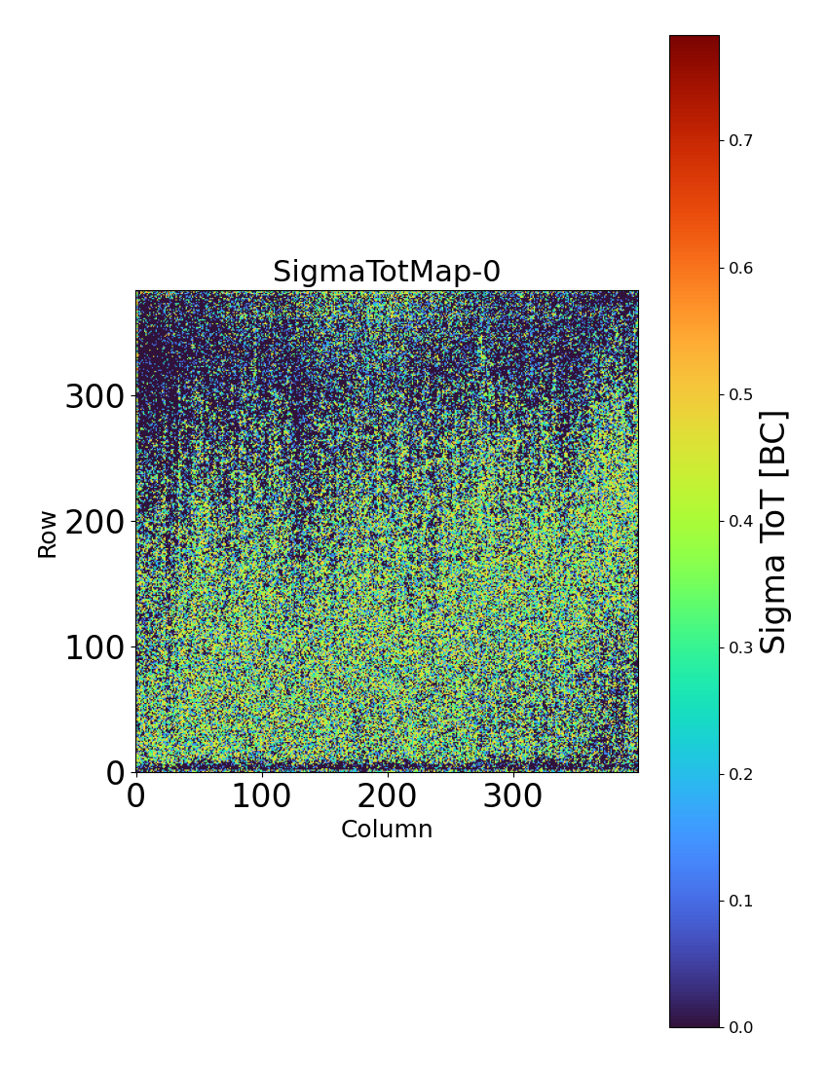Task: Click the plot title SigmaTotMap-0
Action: tap(387, 272)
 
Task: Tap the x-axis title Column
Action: tap(387, 830)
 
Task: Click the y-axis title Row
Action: tap(48, 534)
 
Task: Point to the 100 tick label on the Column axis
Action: tap(262, 796)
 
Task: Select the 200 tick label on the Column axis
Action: tap(388, 796)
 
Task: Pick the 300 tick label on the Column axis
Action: tap(513, 796)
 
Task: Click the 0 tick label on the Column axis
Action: tap(136, 796)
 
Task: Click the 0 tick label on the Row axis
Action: tap(115, 773)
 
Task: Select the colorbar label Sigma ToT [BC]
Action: tap(773, 532)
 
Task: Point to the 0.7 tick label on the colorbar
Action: tap(741, 140)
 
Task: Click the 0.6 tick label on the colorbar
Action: tap(741, 268)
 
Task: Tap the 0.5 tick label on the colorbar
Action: tap(741, 394)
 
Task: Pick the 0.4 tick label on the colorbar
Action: tap(741, 521)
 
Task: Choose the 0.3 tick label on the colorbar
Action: tap(741, 647)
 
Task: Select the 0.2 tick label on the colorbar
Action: tap(741, 774)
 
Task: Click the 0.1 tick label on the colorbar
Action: tap(741, 901)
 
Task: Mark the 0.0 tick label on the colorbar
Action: tap(741, 1027)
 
